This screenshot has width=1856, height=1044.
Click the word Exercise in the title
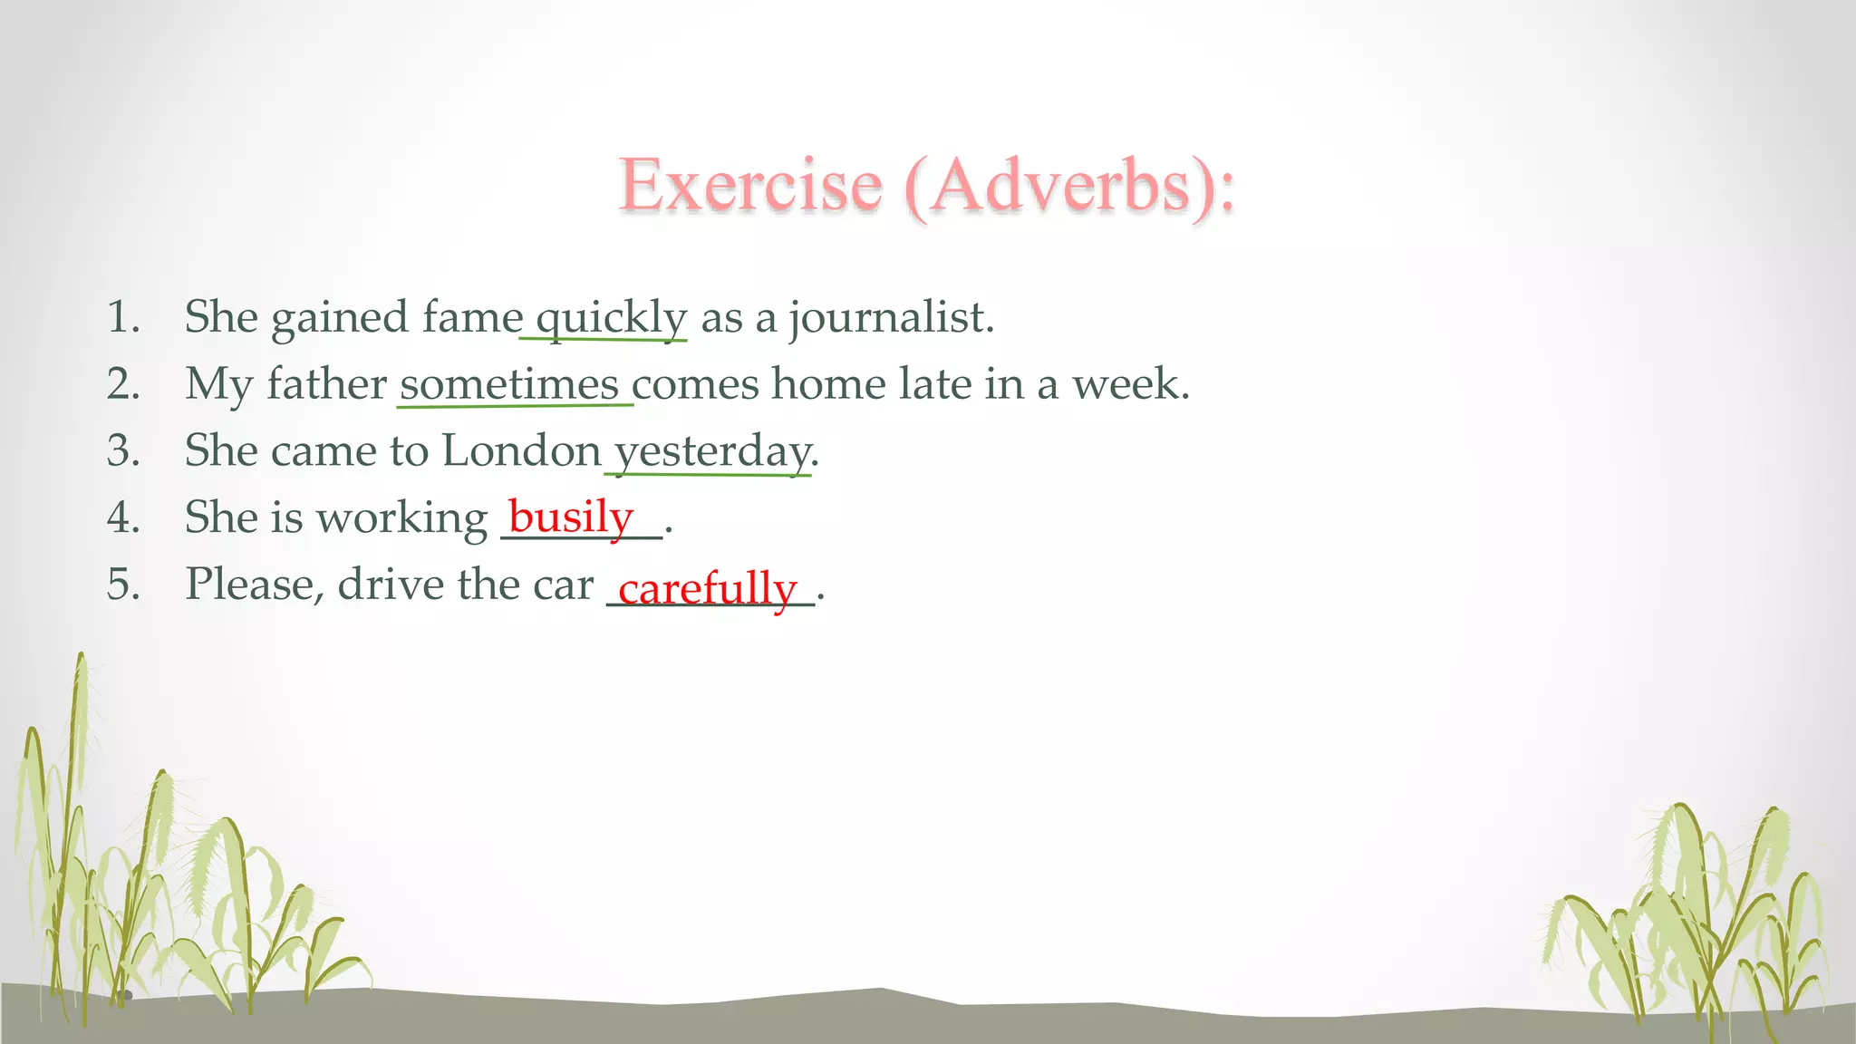pyautogui.click(x=750, y=185)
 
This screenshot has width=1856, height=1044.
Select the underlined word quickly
pyautogui.click(x=612, y=318)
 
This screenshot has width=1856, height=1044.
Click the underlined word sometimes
pyautogui.click(x=509, y=384)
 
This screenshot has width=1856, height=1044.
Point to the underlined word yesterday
pyautogui.click(x=713, y=451)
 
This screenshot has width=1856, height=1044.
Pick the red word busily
pyautogui.click(x=571, y=517)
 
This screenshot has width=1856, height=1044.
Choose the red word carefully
pyautogui.click(x=707, y=588)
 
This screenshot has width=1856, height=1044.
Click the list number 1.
pyautogui.click(x=123, y=318)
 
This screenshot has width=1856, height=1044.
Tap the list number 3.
pyautogui.click(x=123, y=451)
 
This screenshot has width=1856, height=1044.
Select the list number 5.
pyautogui.click(x=123, y=585)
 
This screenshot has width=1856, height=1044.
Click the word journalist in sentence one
pyautogui.click(x=890, y=318)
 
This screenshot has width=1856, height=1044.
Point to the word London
pyautogui.click(x=521, y=451)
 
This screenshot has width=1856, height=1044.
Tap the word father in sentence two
pyautogui.click(x=326, y=384)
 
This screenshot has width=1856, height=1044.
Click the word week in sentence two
pyautogui.click(x=1128, y=384)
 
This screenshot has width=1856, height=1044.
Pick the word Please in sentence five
pyautogui.click(x=254, y=585)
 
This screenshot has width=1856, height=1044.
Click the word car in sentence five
pyautogui.click(x=563, y=585)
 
